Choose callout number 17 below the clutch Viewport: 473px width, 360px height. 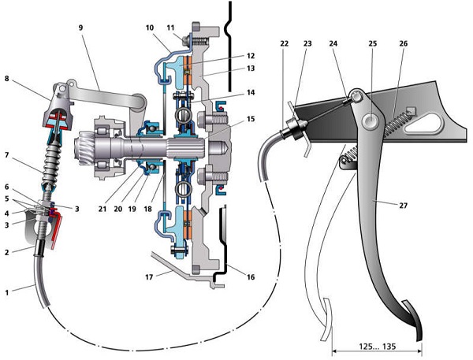tap(148, 277)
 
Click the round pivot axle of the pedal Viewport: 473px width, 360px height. tap(369, 121)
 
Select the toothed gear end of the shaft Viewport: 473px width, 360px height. tap(88, 147)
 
